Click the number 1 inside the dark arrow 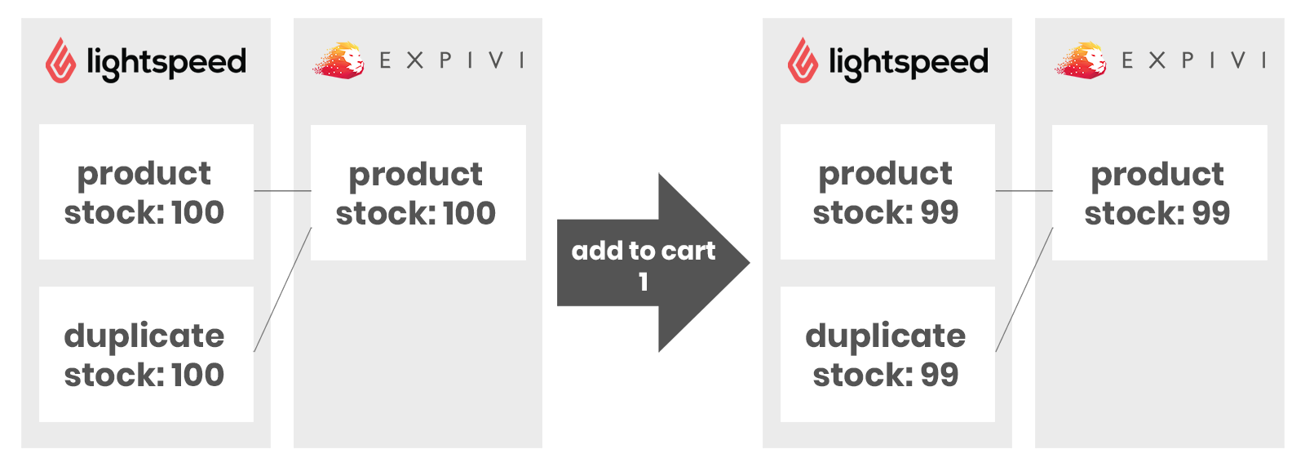(644, 282)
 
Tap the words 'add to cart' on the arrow (644, 251)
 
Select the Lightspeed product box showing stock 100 (146, 192)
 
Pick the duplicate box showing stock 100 (146, 354)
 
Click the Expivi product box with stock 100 (418, 193)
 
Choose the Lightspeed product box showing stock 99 (887, 192)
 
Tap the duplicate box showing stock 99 (887, 354)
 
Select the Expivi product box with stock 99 (1159, 193)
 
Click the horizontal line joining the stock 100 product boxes (282, 191)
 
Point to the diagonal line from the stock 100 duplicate (282, 290)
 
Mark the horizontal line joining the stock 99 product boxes (1024, 191)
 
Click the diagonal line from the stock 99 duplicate (1024, 290)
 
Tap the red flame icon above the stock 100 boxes (61, 60)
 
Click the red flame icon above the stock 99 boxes (803, 60)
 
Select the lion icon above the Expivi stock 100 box (340, 60)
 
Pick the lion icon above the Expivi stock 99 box (1082, 60)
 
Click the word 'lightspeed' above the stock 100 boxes (166, 62)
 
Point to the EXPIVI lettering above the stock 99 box (1193, 60)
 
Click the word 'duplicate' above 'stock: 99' (886, 336)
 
